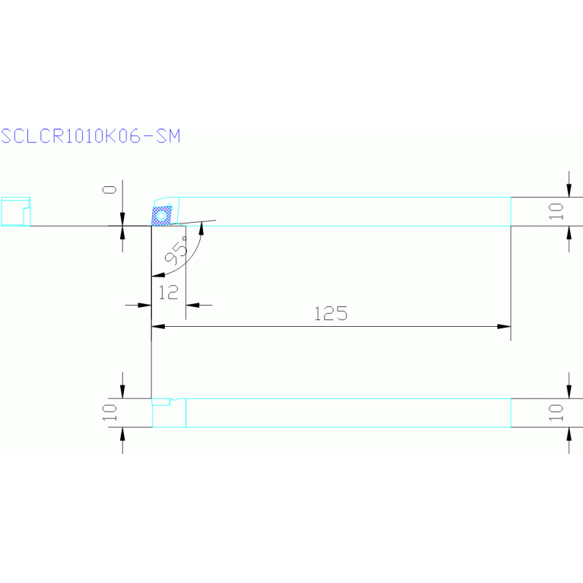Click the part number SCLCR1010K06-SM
(90, 137)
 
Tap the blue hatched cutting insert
(161, 216)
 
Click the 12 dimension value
(169, 291)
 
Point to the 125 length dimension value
(330, 313)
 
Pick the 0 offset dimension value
(111, 189)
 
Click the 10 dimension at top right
(557, 211)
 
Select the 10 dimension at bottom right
(557, 412)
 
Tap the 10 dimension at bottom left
(111, 412)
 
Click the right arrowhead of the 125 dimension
(504, 327)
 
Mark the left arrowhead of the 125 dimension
(159, 327)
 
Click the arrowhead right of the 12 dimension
(192, 305)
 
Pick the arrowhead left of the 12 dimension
(145, 305)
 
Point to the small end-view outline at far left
(14, 211)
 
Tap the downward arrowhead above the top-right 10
(569, 190)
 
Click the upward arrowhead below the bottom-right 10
(569, 433)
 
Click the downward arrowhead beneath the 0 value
(123, 220)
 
